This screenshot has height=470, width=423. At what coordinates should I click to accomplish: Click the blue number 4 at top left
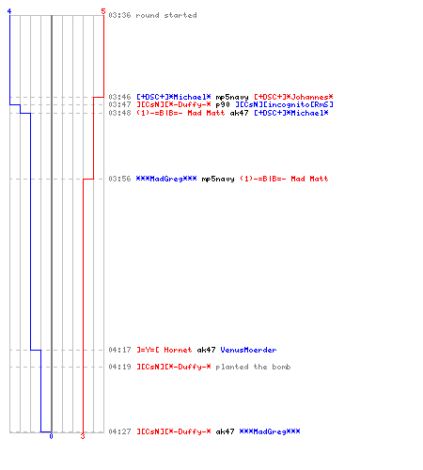point(9,11)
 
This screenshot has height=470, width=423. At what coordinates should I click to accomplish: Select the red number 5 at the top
point(103,11)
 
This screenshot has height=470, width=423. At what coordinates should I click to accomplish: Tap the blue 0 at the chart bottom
point(52,436)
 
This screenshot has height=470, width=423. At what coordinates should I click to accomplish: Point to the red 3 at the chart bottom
point(83,436)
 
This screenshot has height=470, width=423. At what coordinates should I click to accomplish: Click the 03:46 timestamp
point(119,97)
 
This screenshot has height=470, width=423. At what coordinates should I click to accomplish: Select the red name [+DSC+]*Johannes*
point(293,97)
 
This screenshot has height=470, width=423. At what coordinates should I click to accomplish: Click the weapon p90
point(223,104)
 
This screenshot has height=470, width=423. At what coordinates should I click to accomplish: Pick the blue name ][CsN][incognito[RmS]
point(284,104)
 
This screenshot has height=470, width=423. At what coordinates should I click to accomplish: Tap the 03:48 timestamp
point(119,113)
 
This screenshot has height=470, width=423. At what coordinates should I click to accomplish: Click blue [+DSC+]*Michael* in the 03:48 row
point(291,113)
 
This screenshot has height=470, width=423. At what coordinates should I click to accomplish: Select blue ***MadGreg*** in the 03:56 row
point(166,179)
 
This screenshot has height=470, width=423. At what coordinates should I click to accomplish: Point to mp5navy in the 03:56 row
point(218,179)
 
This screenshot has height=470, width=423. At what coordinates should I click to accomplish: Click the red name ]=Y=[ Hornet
point(164,350)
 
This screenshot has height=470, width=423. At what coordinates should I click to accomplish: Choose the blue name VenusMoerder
point(248,350)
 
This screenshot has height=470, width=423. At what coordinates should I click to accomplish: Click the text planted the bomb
point(253,367)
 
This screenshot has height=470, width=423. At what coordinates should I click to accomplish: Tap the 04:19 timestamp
point(119,367)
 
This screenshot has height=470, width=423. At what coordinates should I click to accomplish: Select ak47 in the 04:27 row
point(225,431)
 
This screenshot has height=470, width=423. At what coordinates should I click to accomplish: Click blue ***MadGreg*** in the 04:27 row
point(270,431)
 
